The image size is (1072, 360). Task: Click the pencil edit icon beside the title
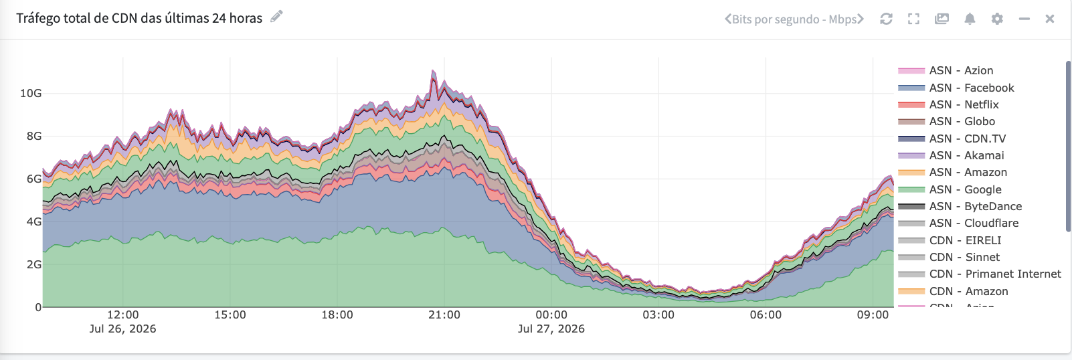click(x=276, y=17)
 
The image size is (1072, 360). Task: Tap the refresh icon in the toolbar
click(x=887, y=19)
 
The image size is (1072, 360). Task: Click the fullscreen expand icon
click(x=913, y=19)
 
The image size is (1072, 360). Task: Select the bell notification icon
click(x=970, y=19)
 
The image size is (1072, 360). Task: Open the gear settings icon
click(x=997, y=19)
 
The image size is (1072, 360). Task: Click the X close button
click(x=1049, y=19)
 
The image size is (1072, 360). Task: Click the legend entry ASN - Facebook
click(x=956, y=88)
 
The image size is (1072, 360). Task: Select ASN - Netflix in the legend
click(x=948, y=104)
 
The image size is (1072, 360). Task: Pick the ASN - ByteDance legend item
click(x=960, y=206)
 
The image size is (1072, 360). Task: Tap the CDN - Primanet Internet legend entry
click(x=979, y=274)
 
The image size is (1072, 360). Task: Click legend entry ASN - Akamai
click(x=951, y=155)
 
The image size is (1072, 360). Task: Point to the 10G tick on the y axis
click(x=31, y=94)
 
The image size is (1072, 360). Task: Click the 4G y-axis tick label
click(x=34, y=221)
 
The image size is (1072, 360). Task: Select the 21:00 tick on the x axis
click(x=444, y=315)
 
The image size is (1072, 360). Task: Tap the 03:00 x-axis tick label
click(x=658, y=315)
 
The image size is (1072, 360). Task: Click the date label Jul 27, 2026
click(x=551, y=329)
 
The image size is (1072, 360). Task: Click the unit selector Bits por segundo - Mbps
click(x=794, y=19)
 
